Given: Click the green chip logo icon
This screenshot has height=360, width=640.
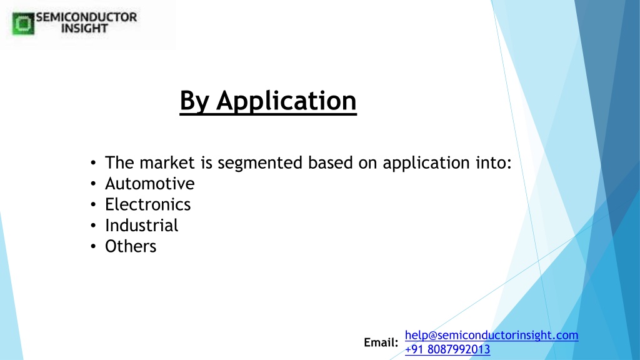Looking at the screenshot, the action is pos(23,24).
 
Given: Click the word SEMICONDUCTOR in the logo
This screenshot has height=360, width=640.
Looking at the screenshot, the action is pos(86,17).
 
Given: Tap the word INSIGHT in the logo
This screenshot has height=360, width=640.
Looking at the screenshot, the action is pos(84,28).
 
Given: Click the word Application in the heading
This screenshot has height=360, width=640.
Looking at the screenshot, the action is pos(286,101).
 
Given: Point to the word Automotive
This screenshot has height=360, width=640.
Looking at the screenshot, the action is pos(150,184).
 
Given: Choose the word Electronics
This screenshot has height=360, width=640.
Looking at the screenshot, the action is pos(147,204).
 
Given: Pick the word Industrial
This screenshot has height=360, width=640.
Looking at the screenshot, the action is pos(142,225).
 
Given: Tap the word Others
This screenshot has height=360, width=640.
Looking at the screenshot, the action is pos(131,246).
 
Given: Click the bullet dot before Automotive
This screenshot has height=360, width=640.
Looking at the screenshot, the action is pos(94,184).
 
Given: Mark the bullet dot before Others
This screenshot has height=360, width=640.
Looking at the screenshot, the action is pos(94,246).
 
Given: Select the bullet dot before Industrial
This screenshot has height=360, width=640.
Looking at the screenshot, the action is pos(94,226).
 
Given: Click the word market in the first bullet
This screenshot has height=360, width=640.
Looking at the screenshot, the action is pos(167,162).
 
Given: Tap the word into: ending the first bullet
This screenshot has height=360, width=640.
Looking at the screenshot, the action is pos(494,162).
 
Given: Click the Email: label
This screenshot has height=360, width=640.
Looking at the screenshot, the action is pos(381,342).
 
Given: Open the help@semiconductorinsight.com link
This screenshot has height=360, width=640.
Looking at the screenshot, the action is pos(491,335).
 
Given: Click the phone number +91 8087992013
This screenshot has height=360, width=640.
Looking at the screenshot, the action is pos(447,349).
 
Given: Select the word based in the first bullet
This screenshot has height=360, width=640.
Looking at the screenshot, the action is pos(330,162).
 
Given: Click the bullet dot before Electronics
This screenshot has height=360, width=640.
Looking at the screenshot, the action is pos(94,205).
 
